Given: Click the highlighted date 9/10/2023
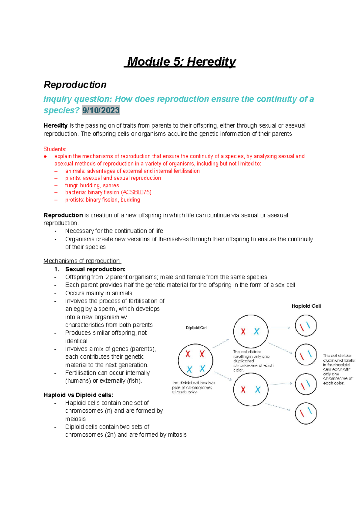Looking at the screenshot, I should (x=101, y=110).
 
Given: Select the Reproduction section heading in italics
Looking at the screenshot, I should (x=75, y=85).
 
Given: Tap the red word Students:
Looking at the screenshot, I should (x=55, y=149).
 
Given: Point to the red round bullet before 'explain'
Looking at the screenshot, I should (x=45, y=156).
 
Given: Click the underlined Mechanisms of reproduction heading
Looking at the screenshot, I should (x=82, y=261).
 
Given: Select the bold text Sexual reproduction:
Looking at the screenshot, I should (x=95, y=269).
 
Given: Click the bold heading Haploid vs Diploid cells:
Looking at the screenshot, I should (x=78, y=395).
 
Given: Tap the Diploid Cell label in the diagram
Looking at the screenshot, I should (x=196, y=328).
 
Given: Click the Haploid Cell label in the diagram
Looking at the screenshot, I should (x=306, y=306).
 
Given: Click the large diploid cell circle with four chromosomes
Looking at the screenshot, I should (x=195, y=361).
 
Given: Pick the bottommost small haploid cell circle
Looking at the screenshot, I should (x=306, y=413).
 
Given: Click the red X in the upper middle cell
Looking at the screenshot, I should (x=243, y=331).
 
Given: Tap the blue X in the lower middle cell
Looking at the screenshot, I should (x=258, y=390).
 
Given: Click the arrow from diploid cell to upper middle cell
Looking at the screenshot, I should (x=221, y=344).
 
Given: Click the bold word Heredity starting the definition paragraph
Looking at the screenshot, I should (x=55, y=125).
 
